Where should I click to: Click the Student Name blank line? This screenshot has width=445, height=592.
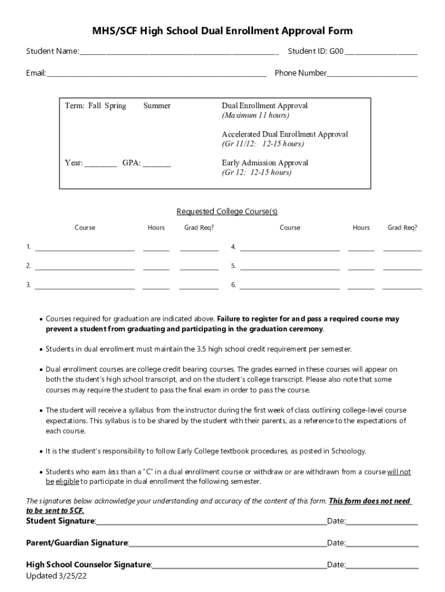(179, 53)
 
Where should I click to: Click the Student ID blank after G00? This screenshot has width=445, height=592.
(381, 53)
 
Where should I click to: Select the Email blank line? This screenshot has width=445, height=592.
(156, 74)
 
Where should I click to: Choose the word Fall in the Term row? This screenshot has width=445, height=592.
(95, 106)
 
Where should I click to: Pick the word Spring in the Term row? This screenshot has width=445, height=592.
(116, 106)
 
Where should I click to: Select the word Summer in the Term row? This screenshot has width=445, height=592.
(157, 106)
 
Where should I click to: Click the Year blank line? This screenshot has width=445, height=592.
(101, 164)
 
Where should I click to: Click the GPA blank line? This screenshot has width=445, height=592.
(157, 164)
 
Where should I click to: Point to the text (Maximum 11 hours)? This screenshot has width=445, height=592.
(255, 115)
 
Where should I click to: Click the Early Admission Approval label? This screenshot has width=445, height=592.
(265, 163)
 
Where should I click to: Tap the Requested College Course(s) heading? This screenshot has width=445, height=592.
(222, 212)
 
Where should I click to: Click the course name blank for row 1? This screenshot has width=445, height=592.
(85, 249)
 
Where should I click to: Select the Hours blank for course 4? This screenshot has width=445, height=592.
(361, 249)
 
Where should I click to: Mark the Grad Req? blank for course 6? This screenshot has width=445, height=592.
(402, 286)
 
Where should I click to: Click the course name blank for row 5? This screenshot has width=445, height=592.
(290, 268)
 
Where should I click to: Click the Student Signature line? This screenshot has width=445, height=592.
(211, 522)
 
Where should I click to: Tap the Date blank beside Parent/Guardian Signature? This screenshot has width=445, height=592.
(382, 543)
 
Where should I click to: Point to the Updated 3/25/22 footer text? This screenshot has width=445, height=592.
(56, 576)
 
